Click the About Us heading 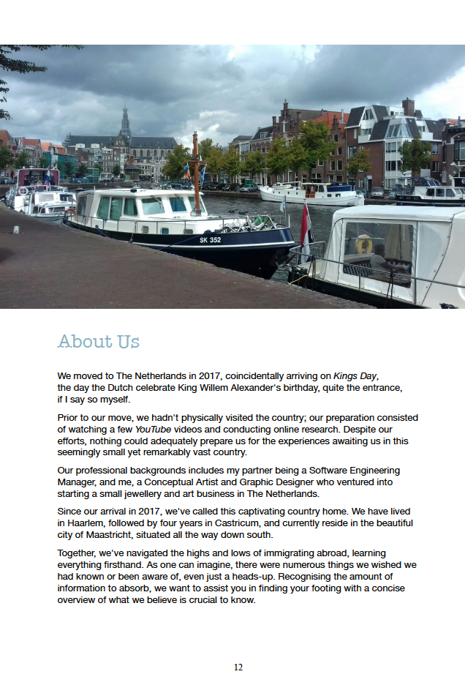(99, 342)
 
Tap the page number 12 (238, 667)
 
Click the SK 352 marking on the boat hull (211, 239)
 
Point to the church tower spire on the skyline (125, 121)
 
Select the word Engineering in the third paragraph (368, 470)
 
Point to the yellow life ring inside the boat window (363, 245)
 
